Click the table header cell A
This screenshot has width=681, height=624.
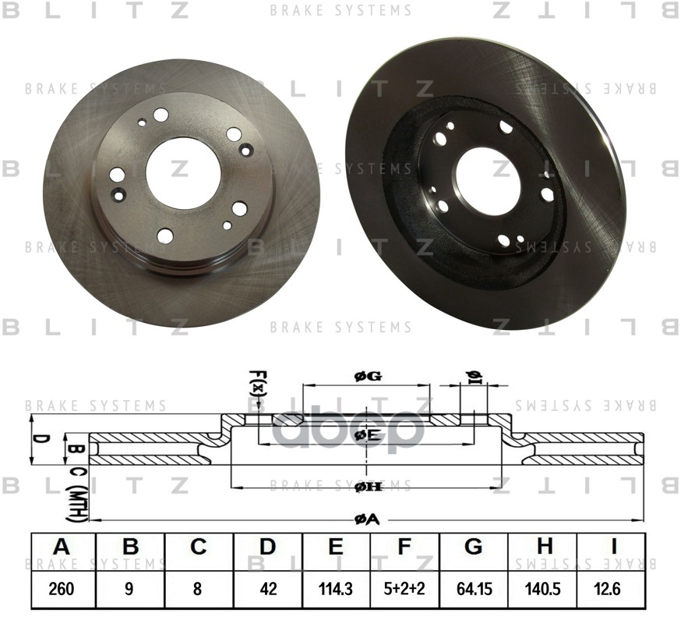click(62, 548)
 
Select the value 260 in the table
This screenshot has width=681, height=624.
click(62, 589)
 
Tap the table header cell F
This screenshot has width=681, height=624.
click(404, 548)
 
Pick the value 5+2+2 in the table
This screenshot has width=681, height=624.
click(404, 589)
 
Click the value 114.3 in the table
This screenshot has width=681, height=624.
click(336, 589)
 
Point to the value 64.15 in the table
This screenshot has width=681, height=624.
click(473, 589)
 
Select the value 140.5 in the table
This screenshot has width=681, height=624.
click(542, 589)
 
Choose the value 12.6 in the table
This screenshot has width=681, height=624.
click(611, 589)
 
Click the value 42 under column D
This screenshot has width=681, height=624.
click(267, 589)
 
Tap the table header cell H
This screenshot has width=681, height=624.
click(542, 548)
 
